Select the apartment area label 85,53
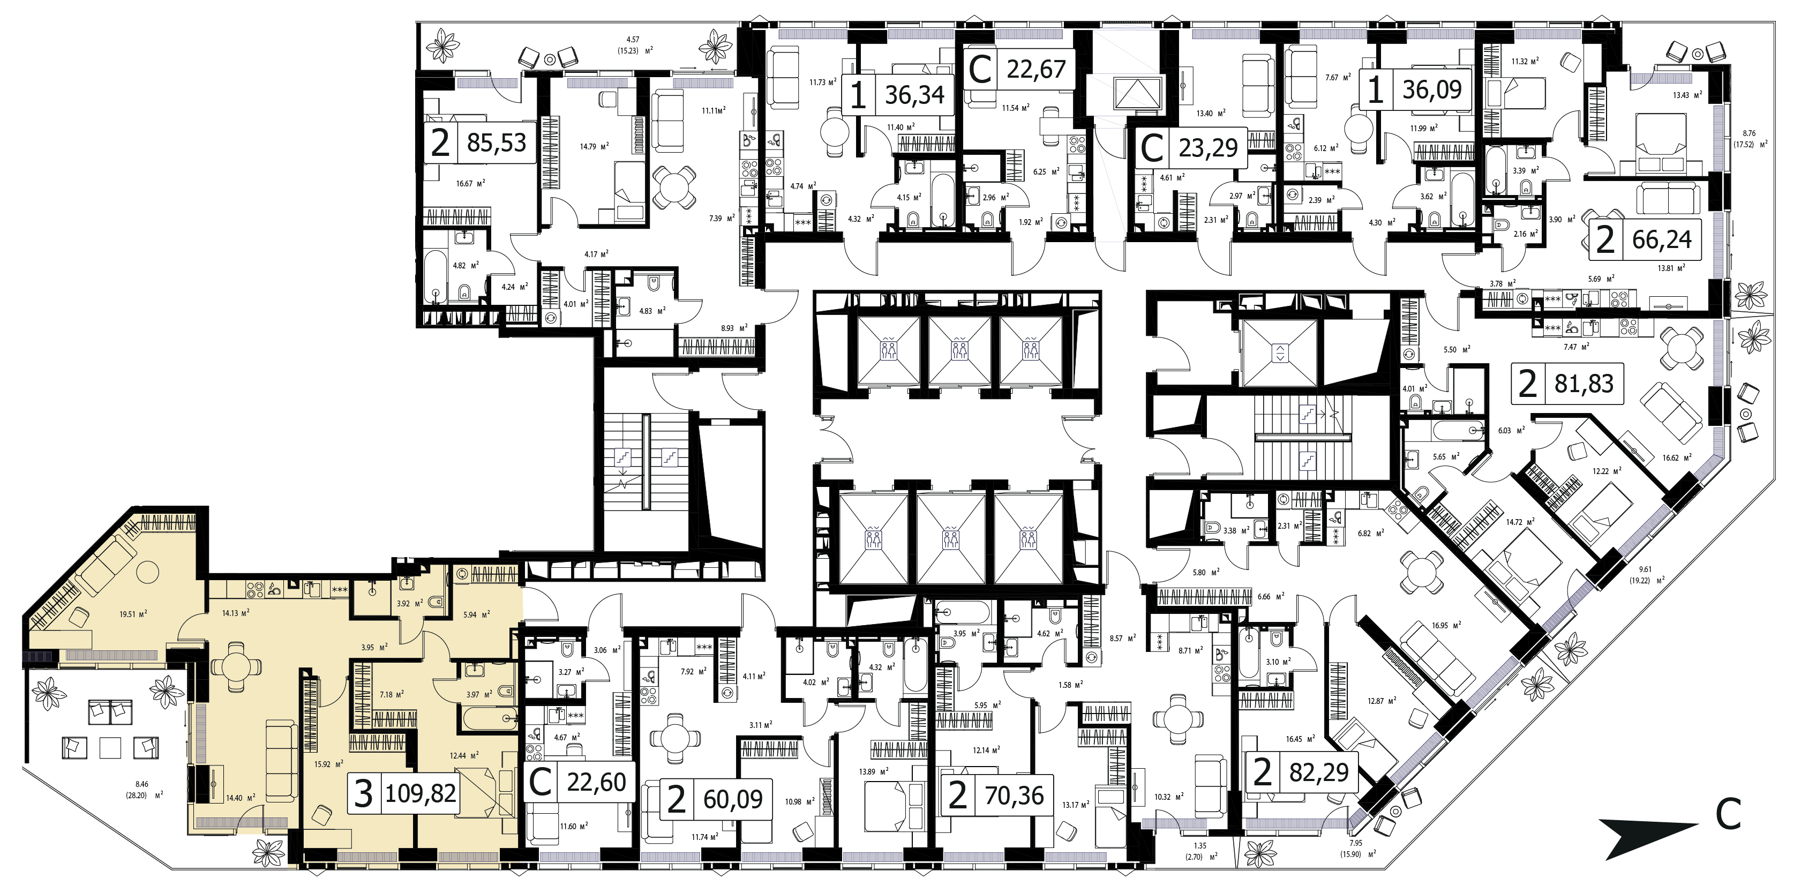[x=497, y=142]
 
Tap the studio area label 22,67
[x=1036, y=69]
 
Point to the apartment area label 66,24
[x=1662, y=240]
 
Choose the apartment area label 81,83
[x=1584, y=383]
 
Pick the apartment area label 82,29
[x=1318, y=772]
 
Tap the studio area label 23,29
[x=1208, y=147]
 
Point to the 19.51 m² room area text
[x=133, y=614]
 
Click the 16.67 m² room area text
[x=470, y=183]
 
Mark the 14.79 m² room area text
[x=594, y=147]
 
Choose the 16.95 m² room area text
[x=1445, y=625]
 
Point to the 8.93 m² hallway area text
[x=734, y=328]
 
